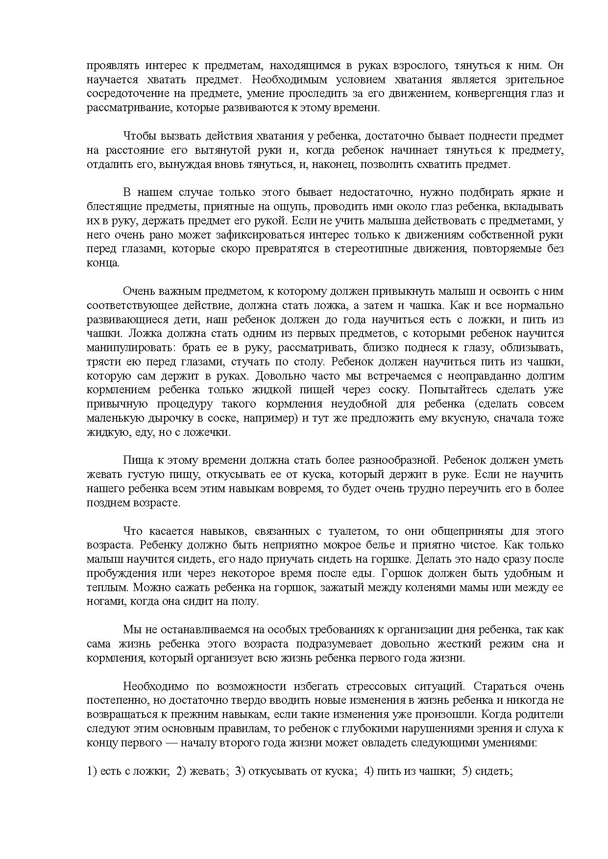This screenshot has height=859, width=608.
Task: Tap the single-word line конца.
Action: coord(103,263)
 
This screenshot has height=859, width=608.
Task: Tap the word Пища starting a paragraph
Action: coord(137,460)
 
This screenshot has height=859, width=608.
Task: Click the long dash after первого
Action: coord(171,743)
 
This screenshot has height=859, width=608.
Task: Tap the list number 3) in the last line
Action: coord(240,771)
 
